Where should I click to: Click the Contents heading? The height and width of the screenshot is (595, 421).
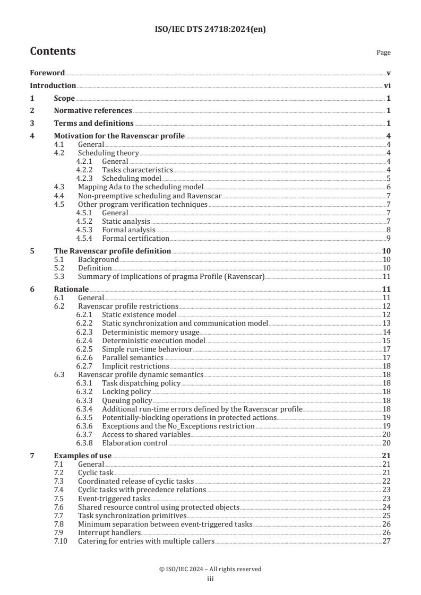53,51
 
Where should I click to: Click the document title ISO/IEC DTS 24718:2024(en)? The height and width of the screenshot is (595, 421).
210,30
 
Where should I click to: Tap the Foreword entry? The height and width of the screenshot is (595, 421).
47,73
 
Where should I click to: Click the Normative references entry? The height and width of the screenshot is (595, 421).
93,111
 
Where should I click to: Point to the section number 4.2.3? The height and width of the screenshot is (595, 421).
84,178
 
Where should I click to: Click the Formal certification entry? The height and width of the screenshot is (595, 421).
135,238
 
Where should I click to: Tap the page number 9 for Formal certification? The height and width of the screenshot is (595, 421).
389,238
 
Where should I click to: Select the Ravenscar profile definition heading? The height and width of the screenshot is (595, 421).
113,251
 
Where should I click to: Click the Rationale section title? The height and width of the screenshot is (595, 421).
71,289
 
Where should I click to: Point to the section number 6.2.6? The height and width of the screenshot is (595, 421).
84,357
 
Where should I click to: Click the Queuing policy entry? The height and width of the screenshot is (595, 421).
127,400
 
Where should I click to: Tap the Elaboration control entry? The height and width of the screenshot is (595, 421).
134,443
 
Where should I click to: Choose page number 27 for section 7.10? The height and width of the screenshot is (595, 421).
386,541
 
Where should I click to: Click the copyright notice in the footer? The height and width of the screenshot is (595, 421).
210,569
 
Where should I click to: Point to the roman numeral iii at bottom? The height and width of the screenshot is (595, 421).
210,579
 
